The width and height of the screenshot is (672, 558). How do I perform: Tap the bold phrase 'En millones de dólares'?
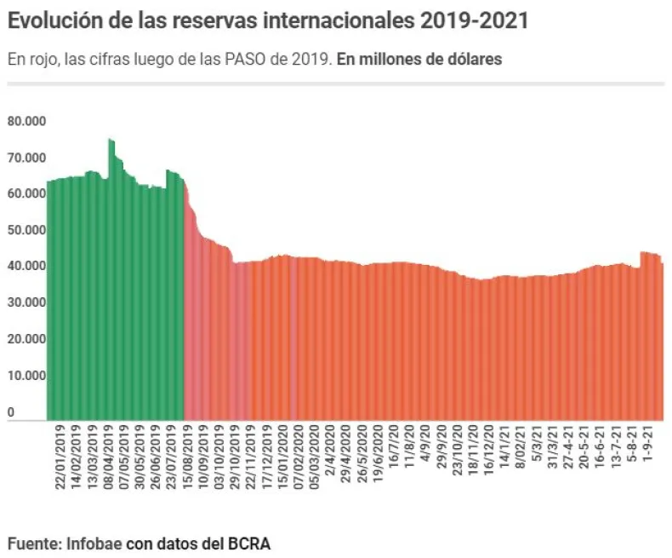coord(419,60)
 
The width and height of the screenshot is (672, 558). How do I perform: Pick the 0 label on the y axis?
coord(11,412)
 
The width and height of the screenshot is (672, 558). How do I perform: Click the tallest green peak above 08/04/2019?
coord(111,141)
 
